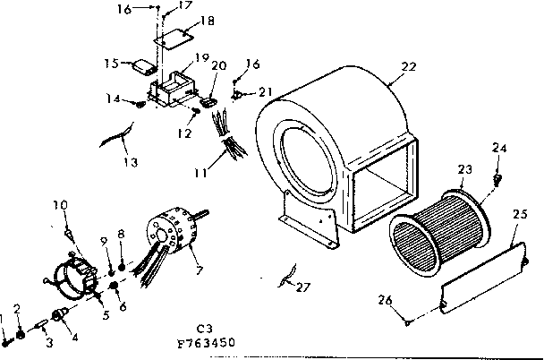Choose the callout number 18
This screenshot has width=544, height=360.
click(182, 20)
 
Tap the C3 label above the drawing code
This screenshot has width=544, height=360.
click(203, 328)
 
